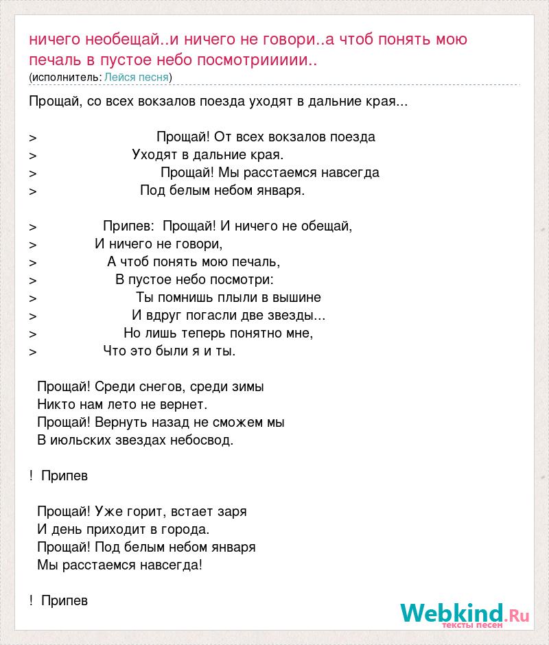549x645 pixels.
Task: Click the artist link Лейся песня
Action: pos(137,77)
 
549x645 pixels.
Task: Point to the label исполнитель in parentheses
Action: pos(65,77)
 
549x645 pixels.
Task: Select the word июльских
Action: pos(78,440)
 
